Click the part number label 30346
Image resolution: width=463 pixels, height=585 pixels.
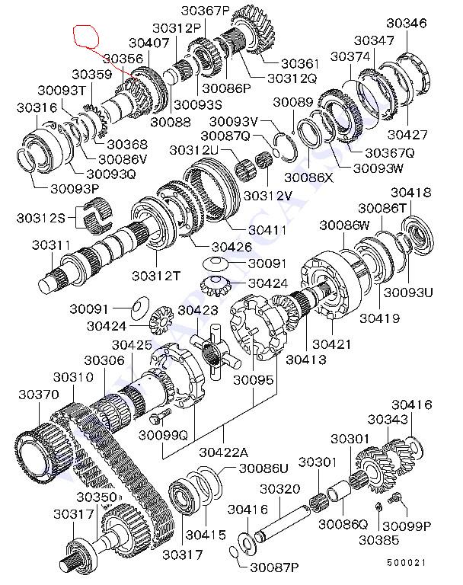click(407, 23)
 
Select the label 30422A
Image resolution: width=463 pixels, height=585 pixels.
click(223, 452)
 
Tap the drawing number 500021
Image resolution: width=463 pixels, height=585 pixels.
click(406, 562)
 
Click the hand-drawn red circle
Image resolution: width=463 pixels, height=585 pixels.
click(86, 36)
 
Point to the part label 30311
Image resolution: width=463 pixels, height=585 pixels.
click(51, 245)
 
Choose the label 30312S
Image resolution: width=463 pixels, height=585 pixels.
click(40, 218)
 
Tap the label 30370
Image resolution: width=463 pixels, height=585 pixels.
click(39, 395)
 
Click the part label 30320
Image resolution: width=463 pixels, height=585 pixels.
click(279, 489)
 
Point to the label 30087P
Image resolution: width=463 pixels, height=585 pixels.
click(274, 567)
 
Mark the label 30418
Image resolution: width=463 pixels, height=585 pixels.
click(410, 193)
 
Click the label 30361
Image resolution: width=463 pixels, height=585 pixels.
click(300, 64)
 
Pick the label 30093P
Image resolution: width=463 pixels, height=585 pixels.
click(75, 189)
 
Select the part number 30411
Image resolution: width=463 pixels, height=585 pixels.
click(267, 230)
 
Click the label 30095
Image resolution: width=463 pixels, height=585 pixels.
click(254, 380)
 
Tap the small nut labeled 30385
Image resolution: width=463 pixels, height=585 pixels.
click(378, 507)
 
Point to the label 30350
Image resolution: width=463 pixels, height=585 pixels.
click(97, 497)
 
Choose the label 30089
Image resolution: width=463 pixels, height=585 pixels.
click(293, 102)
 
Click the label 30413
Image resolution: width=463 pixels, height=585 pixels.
click(306, 360)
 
